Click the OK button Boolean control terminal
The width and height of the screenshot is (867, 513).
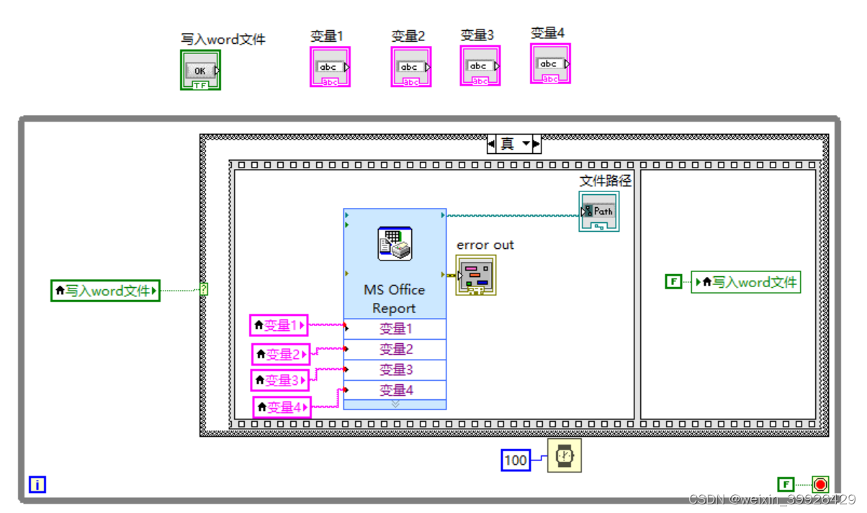point(200,71)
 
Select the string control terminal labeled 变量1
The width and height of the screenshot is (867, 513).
point(331,67)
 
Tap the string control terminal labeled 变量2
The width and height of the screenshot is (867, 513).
point(411,67)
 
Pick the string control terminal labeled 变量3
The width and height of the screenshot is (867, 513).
point(480,65)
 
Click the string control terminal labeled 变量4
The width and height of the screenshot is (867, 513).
point(550,63)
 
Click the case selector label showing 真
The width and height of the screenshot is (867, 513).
point(508,144)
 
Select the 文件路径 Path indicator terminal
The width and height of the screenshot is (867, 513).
point(598,212)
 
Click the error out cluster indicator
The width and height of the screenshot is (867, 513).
point(475,275)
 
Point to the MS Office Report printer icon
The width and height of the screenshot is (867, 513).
point(395,243)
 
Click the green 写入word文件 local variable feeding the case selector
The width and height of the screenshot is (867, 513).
point(105,291)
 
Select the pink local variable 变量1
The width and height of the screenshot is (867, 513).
point(279,325)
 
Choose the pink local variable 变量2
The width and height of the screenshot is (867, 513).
point(281,354)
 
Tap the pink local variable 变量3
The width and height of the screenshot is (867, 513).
point(280,379)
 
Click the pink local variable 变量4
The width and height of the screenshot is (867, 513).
point(282,407)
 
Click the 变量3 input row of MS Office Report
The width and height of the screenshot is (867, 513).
point(395,370)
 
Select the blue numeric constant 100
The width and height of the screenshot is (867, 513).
point(516,460)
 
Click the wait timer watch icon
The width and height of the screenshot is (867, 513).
point(565,455)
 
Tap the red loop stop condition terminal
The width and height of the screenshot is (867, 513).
point(819,484)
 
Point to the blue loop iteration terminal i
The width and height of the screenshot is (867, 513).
point(37,485)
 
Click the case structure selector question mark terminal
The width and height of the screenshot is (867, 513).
point(204,289)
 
